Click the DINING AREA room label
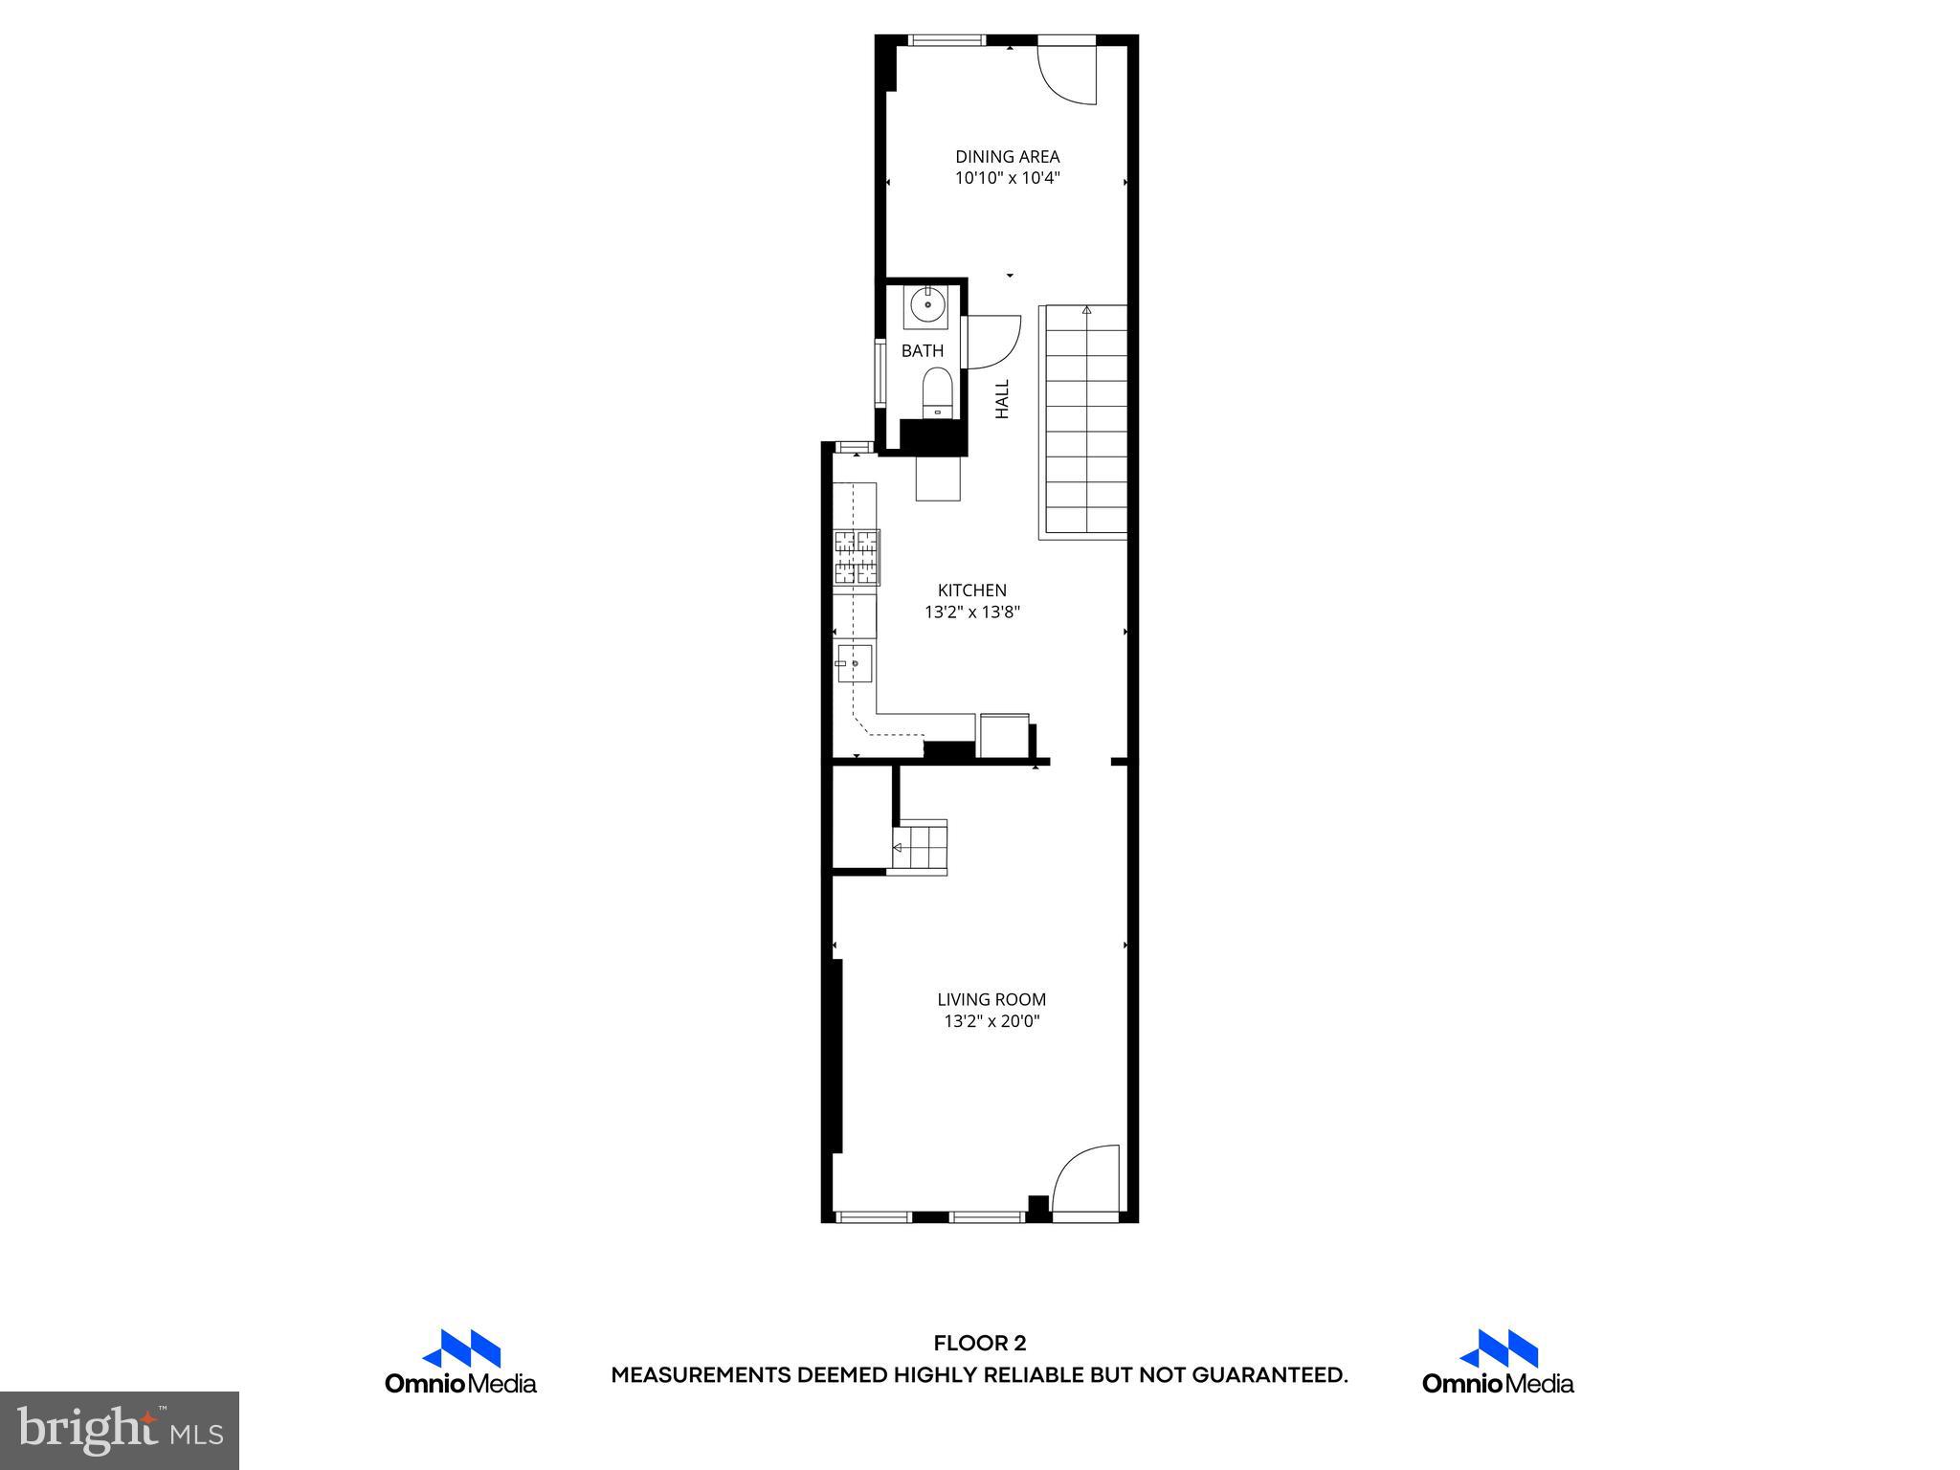1007,157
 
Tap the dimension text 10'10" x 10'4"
1007,179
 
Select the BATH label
922,351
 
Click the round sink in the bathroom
926,307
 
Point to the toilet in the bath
936,394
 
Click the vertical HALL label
1002,399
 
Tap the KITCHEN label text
971,590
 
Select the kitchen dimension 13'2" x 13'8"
971,612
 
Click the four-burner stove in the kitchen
857,557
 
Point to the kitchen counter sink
854,663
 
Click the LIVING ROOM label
991,999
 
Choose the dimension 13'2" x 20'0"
991,1021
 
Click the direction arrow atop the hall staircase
1086,310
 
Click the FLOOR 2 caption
979,1344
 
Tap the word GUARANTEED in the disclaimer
1269,1375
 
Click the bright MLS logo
120,1431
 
